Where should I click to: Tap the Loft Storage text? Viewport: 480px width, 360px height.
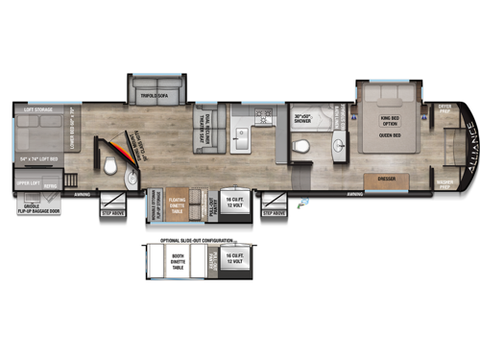(x=36, y=110)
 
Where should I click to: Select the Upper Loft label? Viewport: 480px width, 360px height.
(x=26, y=180)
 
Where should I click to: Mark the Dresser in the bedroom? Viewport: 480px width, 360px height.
(x=389, y=179)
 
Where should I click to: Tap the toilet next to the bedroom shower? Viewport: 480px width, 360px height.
(x=300, y=146)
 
